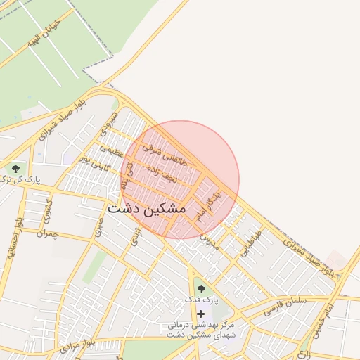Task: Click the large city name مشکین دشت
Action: pyautogui.click(x=147, y=210)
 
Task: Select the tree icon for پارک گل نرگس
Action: pyautogui.click(x=15, y=169)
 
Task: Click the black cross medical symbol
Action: pyautogui.click(x=201, y=313)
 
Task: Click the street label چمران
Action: pyautogui.click(x=49, y=233)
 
